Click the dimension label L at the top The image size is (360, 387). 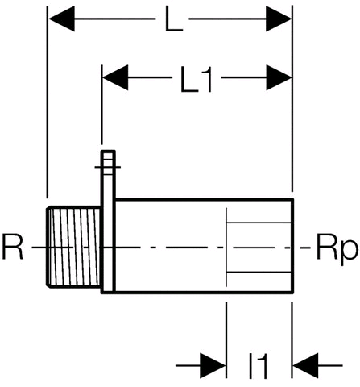(x=171, y=22)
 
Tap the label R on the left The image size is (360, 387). (x=14, y=247)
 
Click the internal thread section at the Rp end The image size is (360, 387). (x=258, y=246)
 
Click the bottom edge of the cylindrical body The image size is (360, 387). (x=201, y=292)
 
